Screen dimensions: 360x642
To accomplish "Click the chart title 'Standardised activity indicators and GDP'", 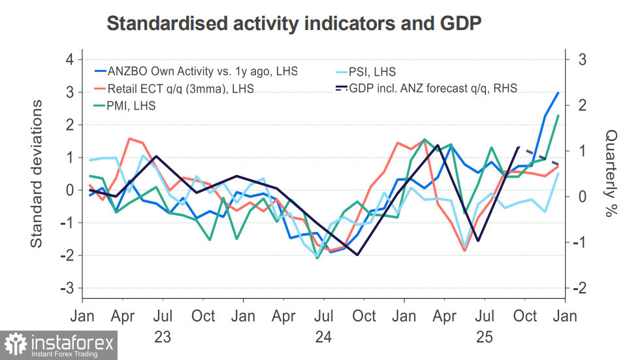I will pos(294,24).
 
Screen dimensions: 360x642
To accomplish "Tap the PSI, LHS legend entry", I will pos(372,71).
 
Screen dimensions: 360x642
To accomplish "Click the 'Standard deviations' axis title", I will pos(37,174).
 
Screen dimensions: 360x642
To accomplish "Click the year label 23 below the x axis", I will pos(163,337).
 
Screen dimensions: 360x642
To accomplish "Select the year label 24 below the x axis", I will pos(323,337).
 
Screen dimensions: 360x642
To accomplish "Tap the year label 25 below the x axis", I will pos(484,337).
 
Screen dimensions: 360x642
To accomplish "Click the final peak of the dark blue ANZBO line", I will pos(558,92).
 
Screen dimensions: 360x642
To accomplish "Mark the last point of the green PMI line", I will pos(558,116).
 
